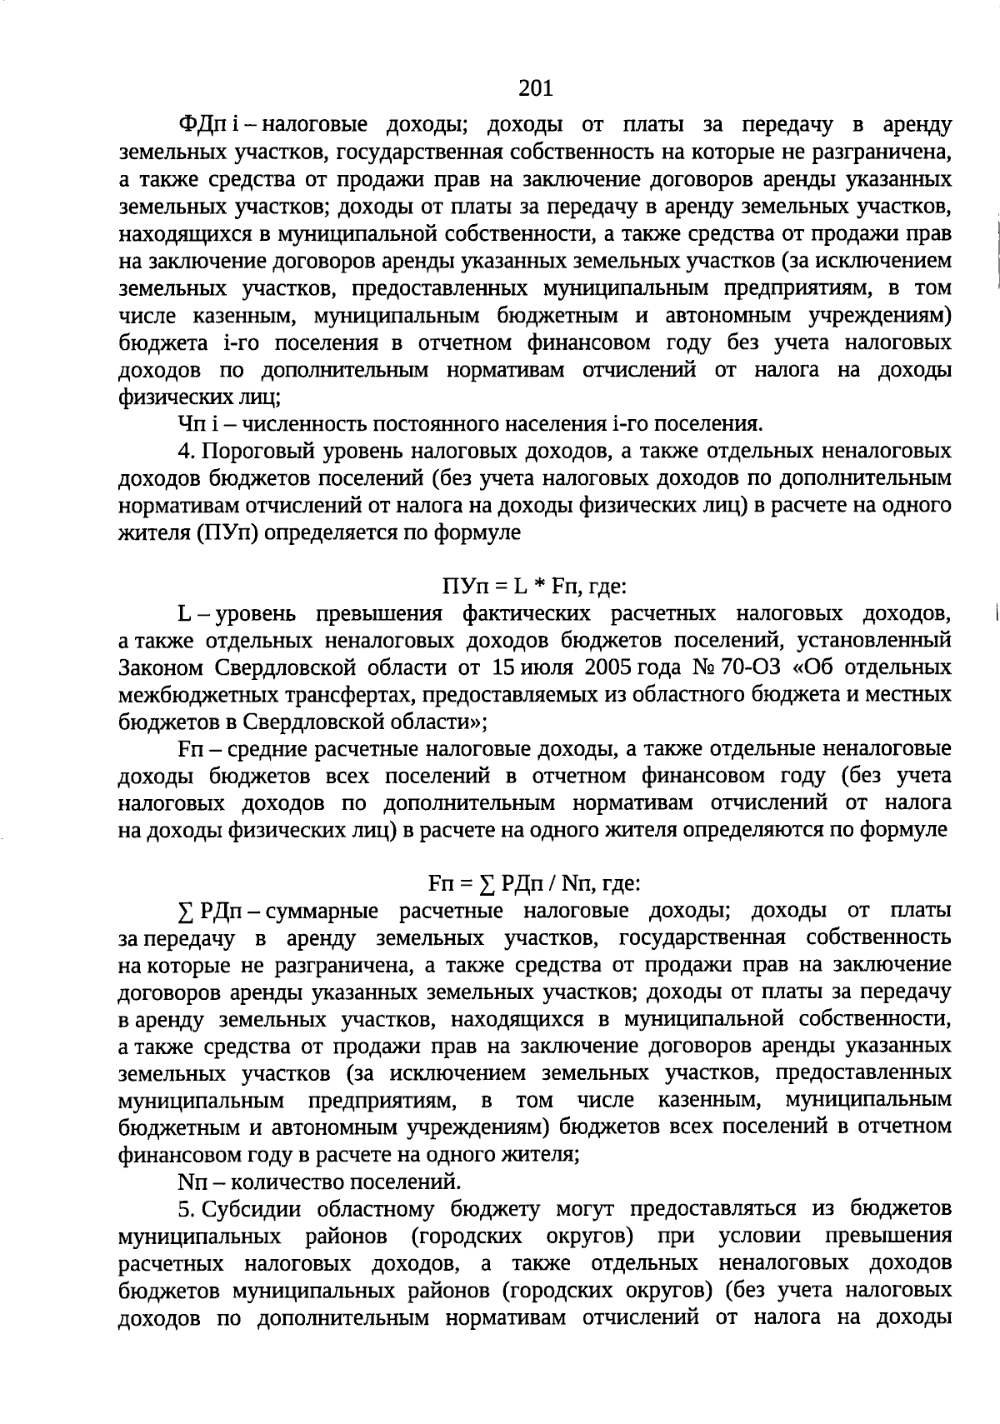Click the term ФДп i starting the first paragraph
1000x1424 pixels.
coord(208,126)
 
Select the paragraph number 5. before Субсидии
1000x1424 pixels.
coord(186,1208)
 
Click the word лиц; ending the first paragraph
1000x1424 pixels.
coord(257,397)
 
